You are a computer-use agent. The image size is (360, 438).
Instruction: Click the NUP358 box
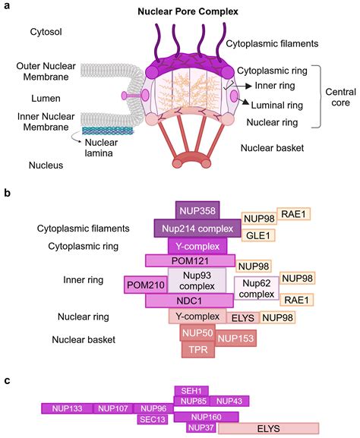(x=197, y=210)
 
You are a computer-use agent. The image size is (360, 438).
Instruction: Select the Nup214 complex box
(x=197, y=228)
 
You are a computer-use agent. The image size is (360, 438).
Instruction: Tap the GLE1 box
(x=257, y=236)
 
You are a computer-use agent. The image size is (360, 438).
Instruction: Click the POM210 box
(x=145, y=285)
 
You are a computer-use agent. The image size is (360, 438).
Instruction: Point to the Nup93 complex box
(x=197, y=279)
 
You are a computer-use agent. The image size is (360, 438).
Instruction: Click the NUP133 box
(x=67, y=408)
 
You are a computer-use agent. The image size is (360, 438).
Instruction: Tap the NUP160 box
(x=206, y=417)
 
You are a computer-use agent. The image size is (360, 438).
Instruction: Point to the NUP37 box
(x=201, y=428)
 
